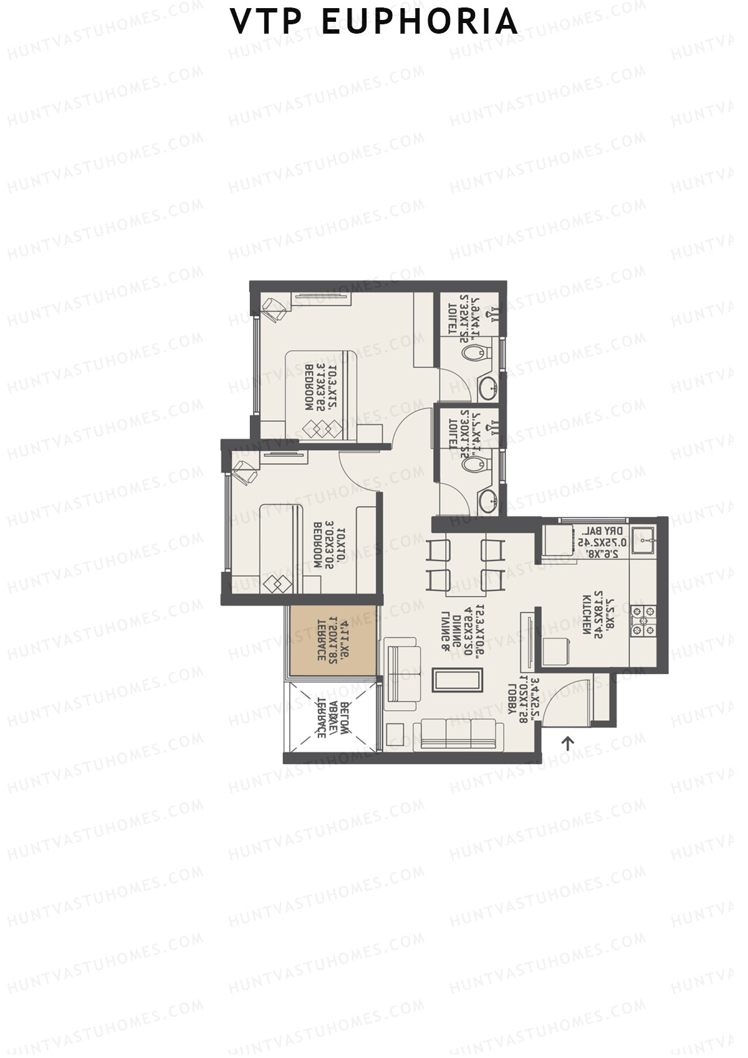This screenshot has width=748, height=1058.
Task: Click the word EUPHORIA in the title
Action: point(420,22)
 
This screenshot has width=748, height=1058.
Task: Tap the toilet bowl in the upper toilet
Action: point(476,353)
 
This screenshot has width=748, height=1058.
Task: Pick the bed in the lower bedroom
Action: point(294,549)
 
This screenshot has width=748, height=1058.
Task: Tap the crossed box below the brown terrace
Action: point(331,717)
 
